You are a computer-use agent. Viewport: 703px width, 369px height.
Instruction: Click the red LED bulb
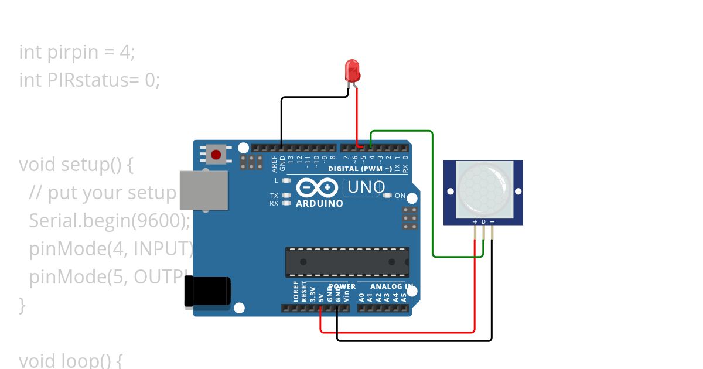point(352,70)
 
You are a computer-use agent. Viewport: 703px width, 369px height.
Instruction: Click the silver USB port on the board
point(203,190)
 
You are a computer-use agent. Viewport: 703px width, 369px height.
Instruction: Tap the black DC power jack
point(207,291)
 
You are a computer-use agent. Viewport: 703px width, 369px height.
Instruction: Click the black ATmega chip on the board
point(347,262)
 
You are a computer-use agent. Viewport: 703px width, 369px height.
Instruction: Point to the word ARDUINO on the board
point(319,204)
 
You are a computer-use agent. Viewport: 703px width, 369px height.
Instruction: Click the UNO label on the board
point(364,187)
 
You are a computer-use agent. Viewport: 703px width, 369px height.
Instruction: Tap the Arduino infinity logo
point(316,187)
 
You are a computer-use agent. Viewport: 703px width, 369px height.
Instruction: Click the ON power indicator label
point(400,196)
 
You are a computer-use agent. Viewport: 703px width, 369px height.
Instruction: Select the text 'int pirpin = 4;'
point(77,52)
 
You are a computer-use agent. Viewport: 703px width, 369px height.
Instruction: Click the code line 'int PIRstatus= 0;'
point(89,80)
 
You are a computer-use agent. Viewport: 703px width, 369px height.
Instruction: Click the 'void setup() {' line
point(76,165)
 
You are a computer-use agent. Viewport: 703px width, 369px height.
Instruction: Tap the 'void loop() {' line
point(70,360)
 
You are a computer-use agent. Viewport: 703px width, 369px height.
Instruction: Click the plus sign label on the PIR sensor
point(475,221)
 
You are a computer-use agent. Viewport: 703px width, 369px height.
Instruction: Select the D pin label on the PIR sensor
point(483,221)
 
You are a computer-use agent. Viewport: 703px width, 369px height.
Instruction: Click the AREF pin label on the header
point(274,162)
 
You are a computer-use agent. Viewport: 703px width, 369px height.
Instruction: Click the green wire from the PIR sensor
point(432,193)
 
